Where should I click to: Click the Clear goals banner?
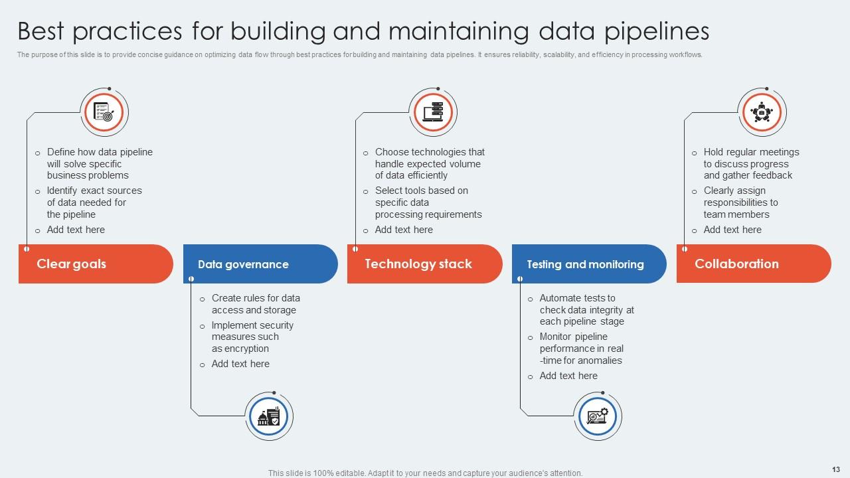point(95,264)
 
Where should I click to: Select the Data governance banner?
point(260,264)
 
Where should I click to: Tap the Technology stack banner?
point(424,264)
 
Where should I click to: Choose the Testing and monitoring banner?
point(588,264)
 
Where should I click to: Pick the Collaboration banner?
point(753,264)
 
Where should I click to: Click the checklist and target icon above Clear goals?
point(104,112)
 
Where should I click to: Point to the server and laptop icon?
point(433,112)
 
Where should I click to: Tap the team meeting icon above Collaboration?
point(762,112)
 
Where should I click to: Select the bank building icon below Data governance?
point(269,417)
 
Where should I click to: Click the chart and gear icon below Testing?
point(597,417)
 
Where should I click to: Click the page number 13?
point(835,469)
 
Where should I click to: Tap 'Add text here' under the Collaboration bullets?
point(732,230)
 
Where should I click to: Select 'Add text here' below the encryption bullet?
point(240,364)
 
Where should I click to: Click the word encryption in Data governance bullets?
point(247,349)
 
